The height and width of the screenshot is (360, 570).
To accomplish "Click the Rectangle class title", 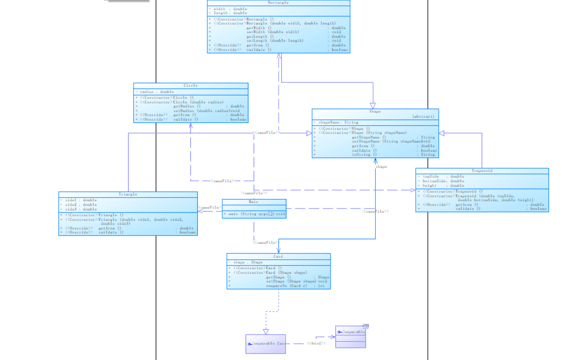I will click(278, 3).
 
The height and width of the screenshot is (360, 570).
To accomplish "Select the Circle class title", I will click(190, 86).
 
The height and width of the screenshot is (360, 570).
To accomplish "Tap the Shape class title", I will click(375, 111).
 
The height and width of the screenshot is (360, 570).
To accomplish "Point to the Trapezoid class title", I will click(482, 171).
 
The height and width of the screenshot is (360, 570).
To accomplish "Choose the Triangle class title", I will click(128, 195).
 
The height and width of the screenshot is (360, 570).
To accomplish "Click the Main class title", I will click(253, 202).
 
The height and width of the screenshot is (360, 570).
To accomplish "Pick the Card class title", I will click(278, 256).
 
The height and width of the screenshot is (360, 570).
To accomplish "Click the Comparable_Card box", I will click(266, 343).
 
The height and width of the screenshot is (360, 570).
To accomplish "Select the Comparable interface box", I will click(350, 337).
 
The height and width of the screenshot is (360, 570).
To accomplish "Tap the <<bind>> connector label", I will click(316, 343).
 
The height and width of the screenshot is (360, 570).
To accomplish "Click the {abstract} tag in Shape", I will click(423, 116).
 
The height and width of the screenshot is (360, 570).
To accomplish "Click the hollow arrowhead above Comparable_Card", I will click(266, 331).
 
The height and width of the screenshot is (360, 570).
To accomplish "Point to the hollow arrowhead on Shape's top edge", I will click(373, 106).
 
